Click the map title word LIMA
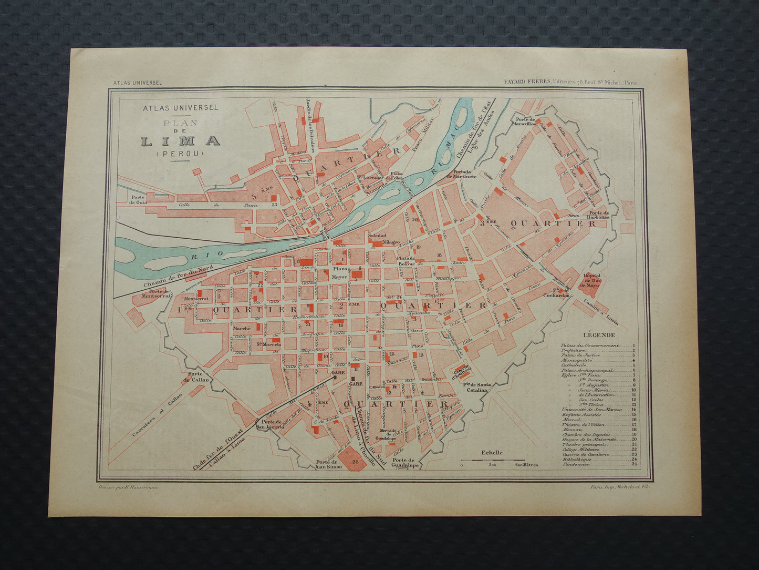coord(180,141)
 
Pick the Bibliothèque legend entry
coord(576,459)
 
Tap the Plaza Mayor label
coord(339,272)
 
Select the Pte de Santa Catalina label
coord(476,387)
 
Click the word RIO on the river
coord(200,254)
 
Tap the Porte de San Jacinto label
coord(269,424)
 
